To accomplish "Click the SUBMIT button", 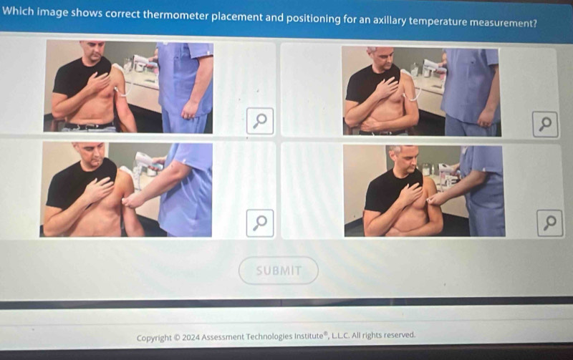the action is (279, 271).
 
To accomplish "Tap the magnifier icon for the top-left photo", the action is (260, 121).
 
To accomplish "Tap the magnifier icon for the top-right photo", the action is (545, 125).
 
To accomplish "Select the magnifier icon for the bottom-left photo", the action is (260, 223).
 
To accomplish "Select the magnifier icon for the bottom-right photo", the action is (549, 223).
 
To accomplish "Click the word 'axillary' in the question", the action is (389, 20).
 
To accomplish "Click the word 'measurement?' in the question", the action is (503, 23).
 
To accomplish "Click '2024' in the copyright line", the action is (191, 337).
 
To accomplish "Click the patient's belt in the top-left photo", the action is (90, 127).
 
